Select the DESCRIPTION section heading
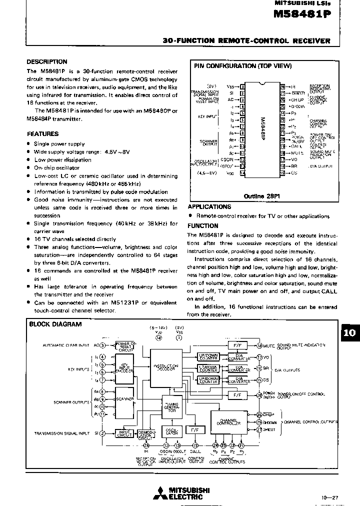click(47, 62)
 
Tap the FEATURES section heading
click(42, 134)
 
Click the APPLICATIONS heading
click(209, 206)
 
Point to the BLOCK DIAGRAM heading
click(55, 324)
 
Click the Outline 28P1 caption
click(259, 196)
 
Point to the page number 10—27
click(330, 497)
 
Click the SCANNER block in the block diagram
click(125, 399)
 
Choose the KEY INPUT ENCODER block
click(125, 367)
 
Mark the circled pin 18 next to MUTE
click(259, 345)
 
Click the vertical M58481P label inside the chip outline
click(262, 129)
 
